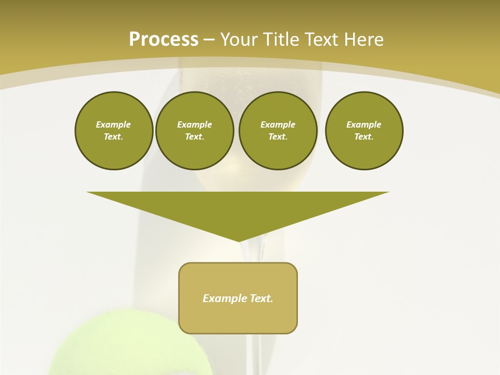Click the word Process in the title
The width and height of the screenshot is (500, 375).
[x=164, y=39]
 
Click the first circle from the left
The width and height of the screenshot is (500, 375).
[x=114, y=131]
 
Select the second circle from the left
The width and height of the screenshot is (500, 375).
[x=194, y=131]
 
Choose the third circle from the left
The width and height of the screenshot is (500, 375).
[x=278, y=131]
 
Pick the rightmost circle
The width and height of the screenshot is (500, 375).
[x=364, y=131]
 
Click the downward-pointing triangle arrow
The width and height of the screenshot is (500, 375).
[x=238, y=208]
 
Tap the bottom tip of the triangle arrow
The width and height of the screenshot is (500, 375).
[x=239, y=240]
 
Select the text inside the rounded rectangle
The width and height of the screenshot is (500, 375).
[x=238, y=298]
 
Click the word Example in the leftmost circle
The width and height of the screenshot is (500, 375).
[x=114, y=124]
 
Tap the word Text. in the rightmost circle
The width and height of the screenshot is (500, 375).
[x=364, y=137]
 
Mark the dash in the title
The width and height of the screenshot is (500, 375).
[x=209, y=40]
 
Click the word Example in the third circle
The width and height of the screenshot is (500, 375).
[x=278, y=124]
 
